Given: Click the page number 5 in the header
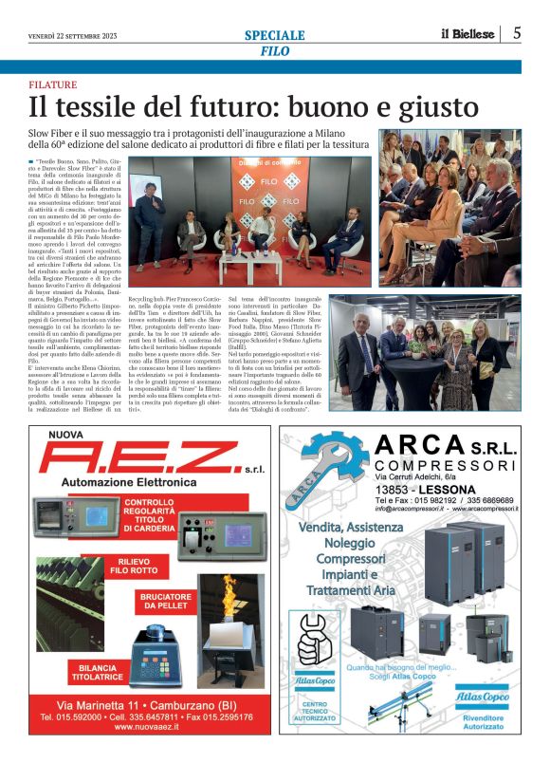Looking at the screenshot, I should (x=517, y=33).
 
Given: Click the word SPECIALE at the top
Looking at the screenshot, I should (x=275, y=34).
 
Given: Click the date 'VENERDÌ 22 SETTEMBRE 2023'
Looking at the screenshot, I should (x=72, y=36).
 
